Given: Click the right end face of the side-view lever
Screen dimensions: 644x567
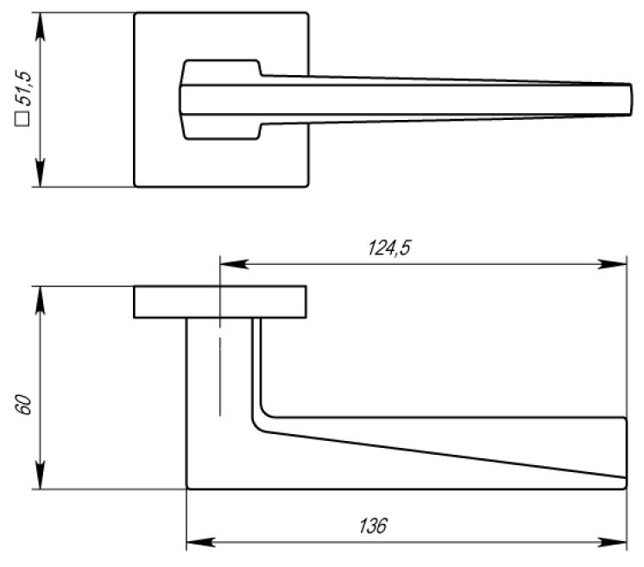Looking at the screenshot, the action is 626,447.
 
